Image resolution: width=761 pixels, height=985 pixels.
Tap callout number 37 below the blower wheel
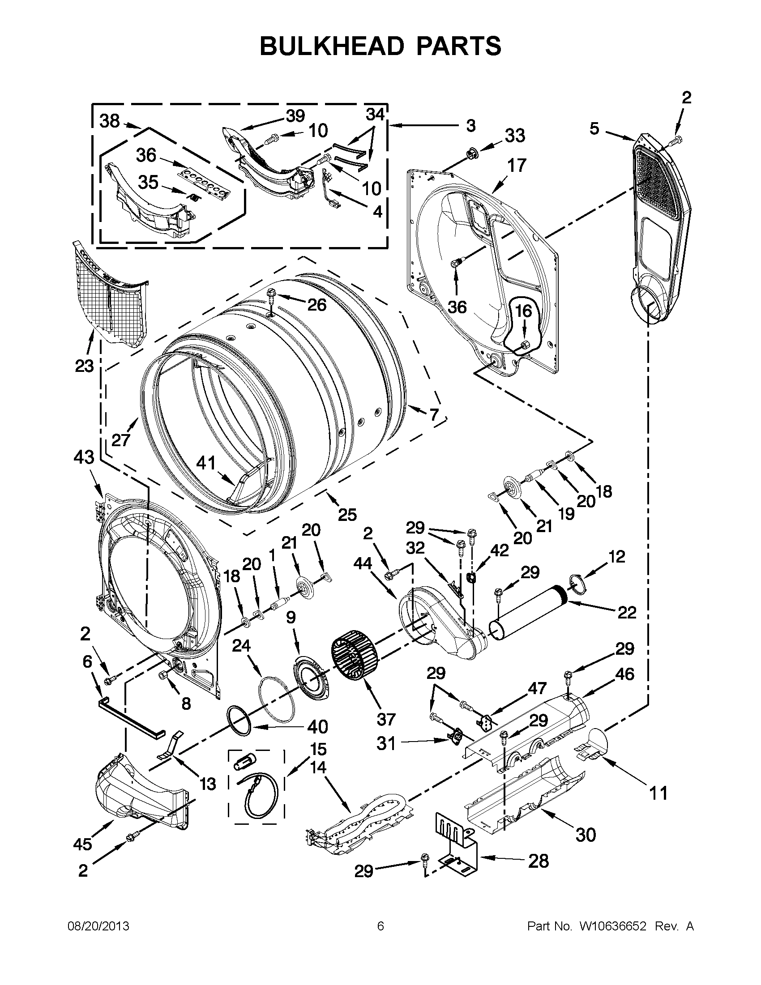386,719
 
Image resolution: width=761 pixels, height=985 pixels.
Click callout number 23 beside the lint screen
84,366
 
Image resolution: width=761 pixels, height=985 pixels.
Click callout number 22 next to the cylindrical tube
627,613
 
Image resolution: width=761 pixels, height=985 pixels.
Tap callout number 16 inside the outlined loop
523,311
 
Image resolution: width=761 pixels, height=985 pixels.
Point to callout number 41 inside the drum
206,463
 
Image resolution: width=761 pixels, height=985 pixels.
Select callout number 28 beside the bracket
538,861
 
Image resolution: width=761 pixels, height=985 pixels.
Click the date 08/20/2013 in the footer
98,926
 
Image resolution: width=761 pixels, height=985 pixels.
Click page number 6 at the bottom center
380,926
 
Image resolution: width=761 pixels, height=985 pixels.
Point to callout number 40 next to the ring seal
317,727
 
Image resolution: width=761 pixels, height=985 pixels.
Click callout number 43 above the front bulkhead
84,457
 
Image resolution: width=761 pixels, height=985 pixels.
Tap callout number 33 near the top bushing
515,135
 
